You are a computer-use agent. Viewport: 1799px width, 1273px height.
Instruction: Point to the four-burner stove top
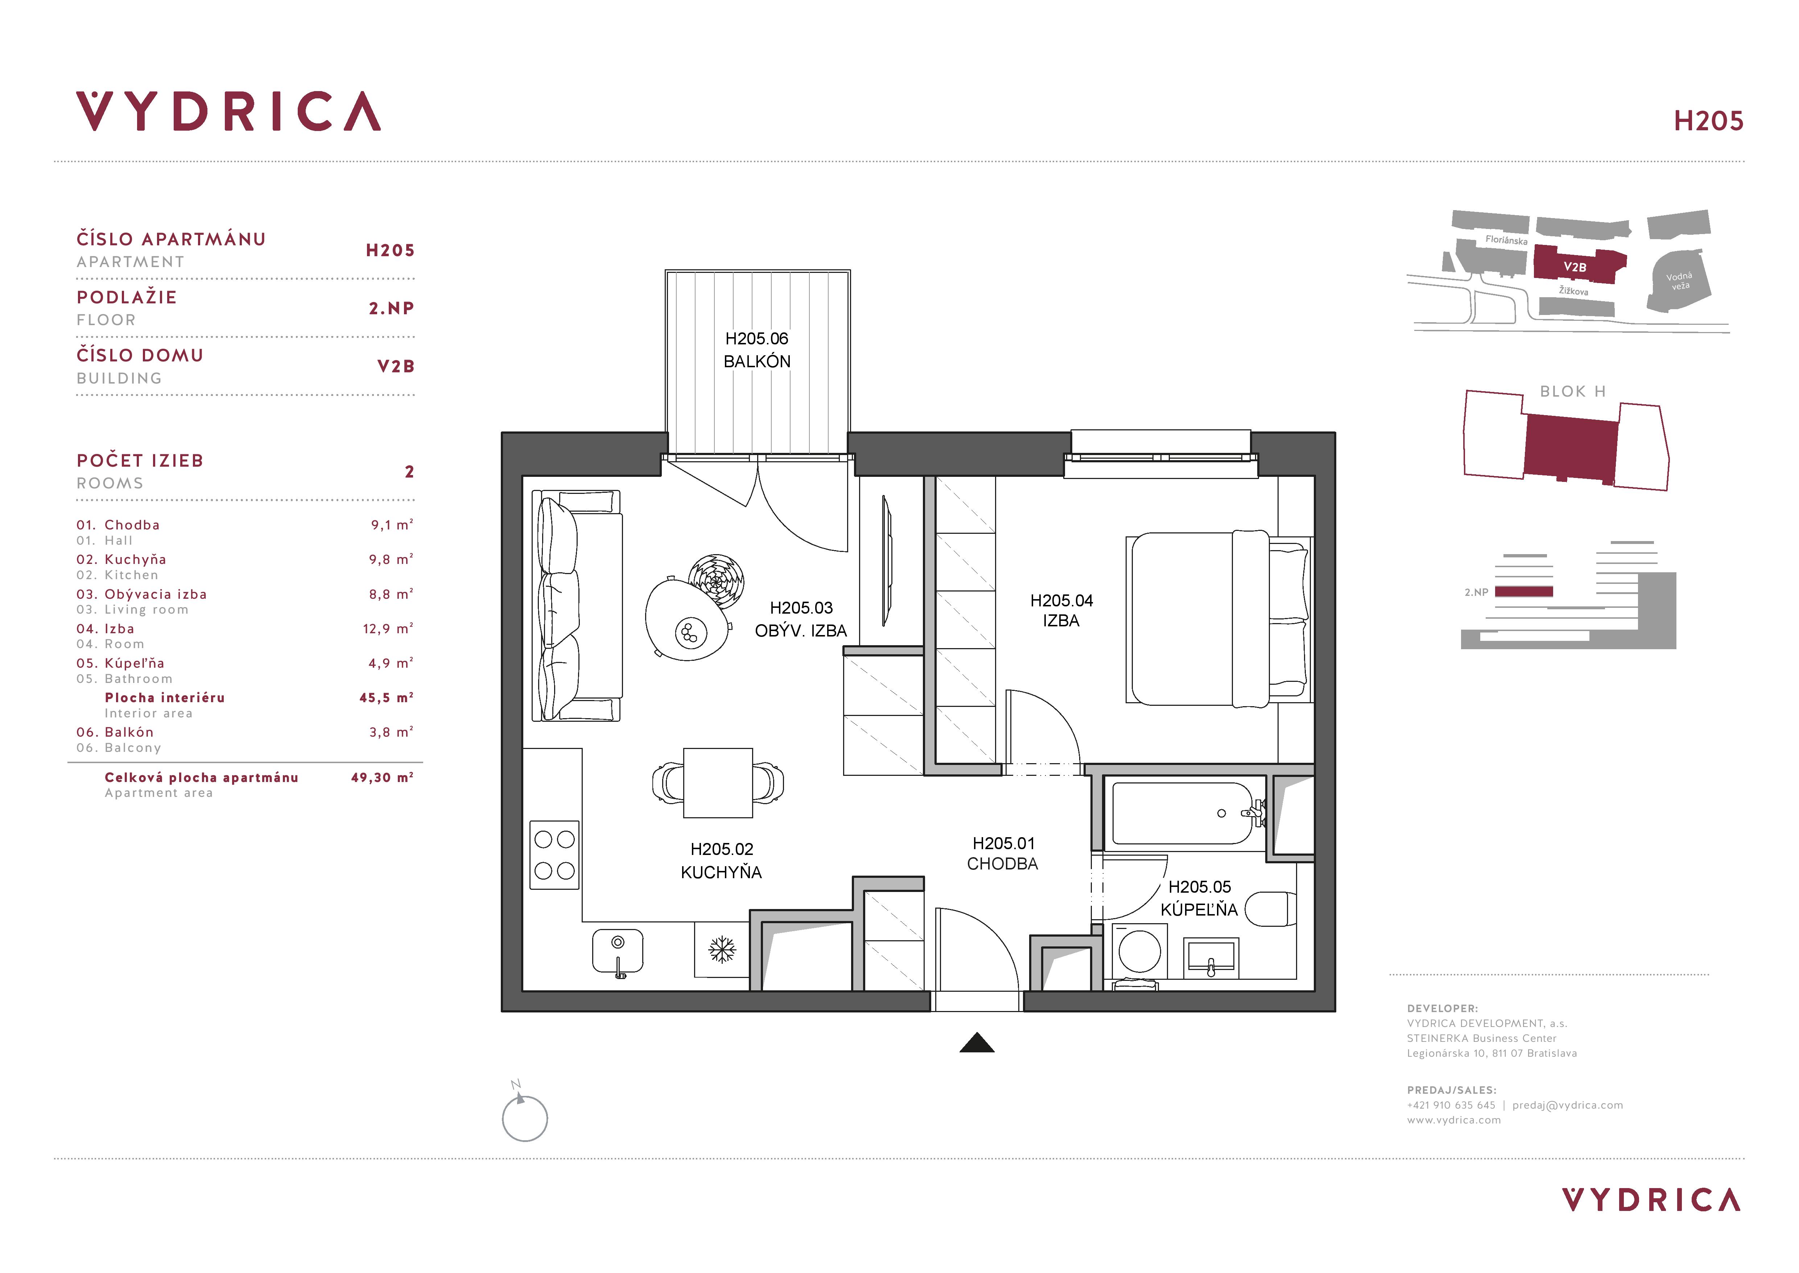point(555,855)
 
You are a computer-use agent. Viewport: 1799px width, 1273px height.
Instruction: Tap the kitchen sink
point(618,951)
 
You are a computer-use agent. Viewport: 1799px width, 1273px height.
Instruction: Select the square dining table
point(718,783)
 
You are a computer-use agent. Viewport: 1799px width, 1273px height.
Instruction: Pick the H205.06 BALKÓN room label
point(757,349)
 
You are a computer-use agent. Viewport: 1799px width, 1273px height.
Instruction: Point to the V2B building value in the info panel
point(396,366)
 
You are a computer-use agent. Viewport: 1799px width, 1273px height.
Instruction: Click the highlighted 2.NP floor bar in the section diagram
point(1524,592)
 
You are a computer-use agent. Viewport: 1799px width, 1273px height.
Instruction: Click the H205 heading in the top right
point(1709,121)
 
